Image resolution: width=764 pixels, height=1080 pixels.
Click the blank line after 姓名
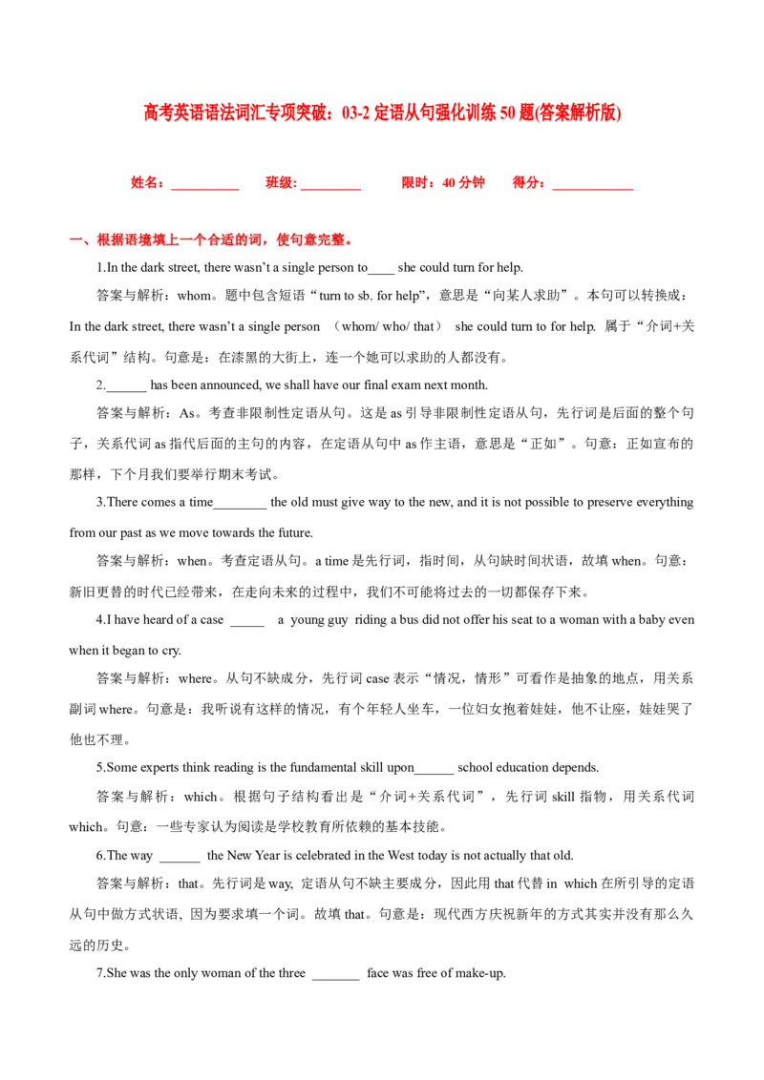pyautogui.click(x=204, y=189)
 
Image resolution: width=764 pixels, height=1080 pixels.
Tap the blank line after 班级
pyautogui.click(x=331, y=189)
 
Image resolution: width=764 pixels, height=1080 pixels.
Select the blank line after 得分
pyautogui.click(x=593, y=189)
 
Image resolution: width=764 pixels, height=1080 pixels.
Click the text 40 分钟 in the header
pyautogui.click(x=463, y=182)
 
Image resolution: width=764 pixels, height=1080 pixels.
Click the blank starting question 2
pyautogui.click(x=127, y=390)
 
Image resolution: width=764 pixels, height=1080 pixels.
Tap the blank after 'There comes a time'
pyautogui.click(x=240, y=508)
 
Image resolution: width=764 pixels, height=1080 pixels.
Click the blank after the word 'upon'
pyautogui.click(x=435, y=773)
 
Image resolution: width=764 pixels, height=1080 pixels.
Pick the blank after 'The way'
pyautogui.click(x=180, y=861)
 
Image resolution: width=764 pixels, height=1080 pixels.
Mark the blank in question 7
pyautogui.click(x=336, y=979)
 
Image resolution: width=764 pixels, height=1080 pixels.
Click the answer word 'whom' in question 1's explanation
pyautogui.click(x=194, y=296)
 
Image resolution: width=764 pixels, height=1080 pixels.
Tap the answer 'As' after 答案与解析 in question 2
pyautogui.click(x=187, y=413)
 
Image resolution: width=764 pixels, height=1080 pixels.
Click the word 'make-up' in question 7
pyautogui.click(x=482, y=973)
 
